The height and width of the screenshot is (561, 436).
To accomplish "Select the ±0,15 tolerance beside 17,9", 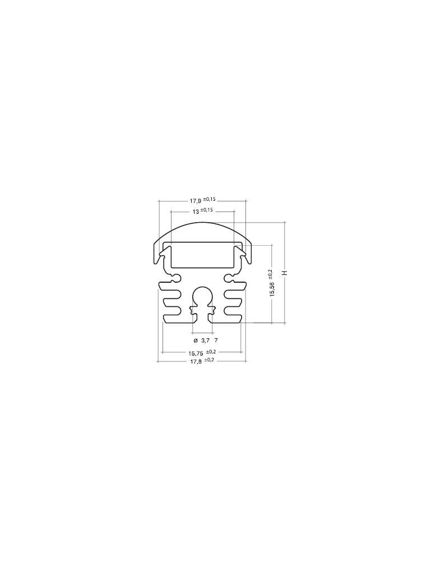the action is coord(210,199).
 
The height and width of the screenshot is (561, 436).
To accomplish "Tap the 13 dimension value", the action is coord(196,212).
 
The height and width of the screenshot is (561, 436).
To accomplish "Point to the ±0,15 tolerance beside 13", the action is coord(207,210).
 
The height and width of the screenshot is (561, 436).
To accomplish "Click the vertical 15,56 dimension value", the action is coord(272,289).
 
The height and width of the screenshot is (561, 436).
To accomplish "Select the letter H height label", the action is coord(285,273).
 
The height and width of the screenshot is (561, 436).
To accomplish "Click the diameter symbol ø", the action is coord(196,340).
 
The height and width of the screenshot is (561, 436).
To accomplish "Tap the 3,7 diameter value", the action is coord(205,340).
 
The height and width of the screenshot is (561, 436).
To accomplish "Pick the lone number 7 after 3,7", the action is coord(216,340).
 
